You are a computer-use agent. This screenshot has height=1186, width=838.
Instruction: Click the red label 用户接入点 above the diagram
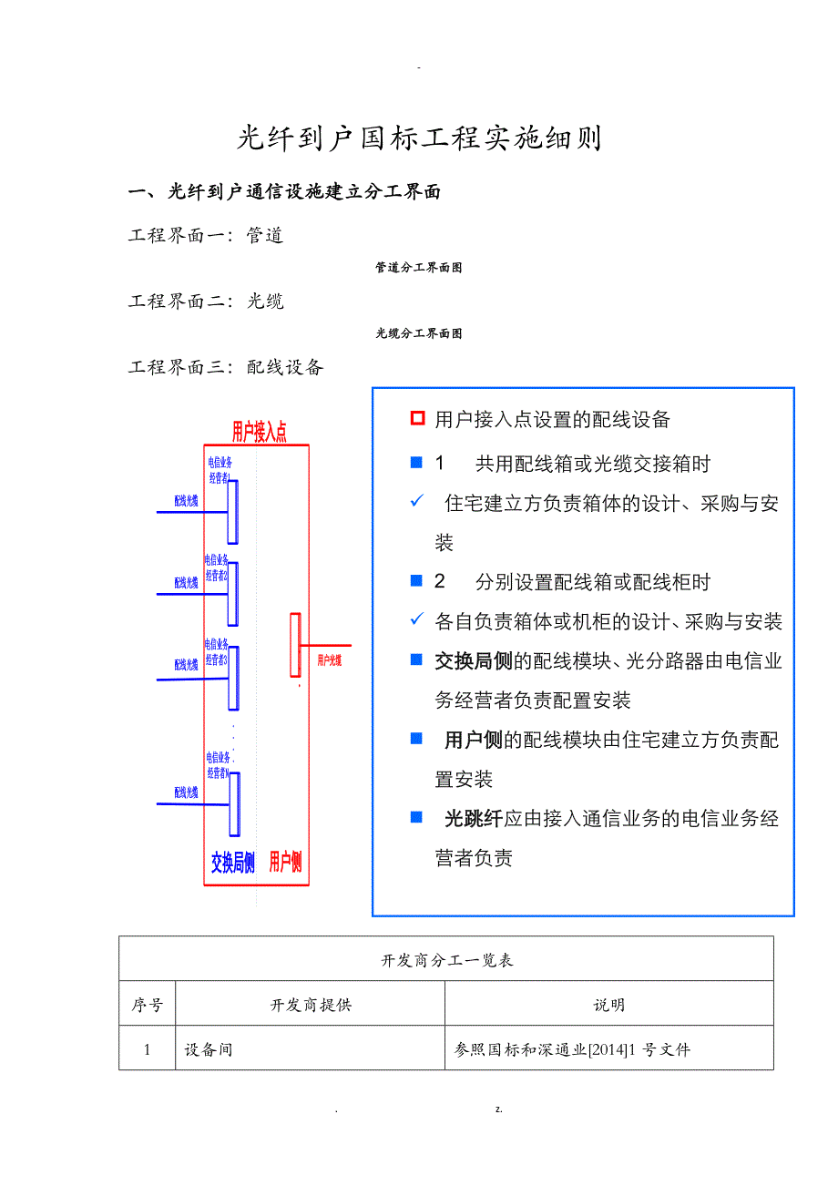(x=259, y=432)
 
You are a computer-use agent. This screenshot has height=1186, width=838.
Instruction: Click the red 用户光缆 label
(x=329, y=660)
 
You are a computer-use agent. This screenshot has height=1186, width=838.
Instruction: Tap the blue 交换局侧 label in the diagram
(x=232, y=863)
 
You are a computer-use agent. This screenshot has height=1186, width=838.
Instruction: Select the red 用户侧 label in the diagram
(x=285, y=863)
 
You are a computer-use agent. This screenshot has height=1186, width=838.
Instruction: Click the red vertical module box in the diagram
(x=295, y=645)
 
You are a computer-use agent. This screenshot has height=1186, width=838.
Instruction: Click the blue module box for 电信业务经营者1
(x=233, y=511)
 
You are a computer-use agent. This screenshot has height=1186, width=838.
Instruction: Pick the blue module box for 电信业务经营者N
(x=234, y=803)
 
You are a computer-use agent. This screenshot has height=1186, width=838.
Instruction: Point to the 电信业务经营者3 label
(x=217, y=650)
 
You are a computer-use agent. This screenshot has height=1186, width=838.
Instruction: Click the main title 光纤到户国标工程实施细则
(x=419, y=138)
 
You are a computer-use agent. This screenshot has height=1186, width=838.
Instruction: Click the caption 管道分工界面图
(x=418, y=268)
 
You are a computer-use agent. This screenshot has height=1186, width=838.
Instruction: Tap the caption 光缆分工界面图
(x=418, y=333)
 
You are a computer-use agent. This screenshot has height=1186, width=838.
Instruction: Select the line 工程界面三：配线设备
(x=226, y=367)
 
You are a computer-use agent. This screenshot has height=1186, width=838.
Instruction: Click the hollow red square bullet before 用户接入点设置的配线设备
(x=417, y=419)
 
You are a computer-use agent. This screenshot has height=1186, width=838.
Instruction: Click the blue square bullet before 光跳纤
(x=417, y=817)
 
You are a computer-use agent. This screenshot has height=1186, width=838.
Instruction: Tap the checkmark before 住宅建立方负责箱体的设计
(x=417, y=502)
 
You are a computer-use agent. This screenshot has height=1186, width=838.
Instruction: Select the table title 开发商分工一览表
(x=446, y=960)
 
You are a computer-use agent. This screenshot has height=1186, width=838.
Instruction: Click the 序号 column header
(x=148, y=1005)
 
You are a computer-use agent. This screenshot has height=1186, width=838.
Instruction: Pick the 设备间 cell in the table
(x=209, y=1049)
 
